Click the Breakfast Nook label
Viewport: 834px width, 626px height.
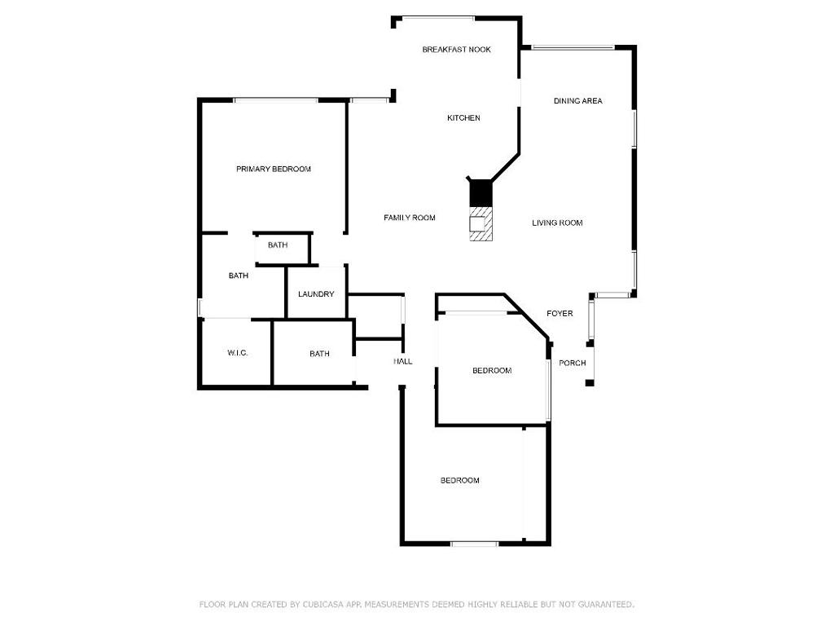coord(456,50)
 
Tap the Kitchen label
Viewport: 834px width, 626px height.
coord(463,118)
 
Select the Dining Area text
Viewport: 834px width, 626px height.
coord(578,100)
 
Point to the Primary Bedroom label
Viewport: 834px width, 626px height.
coord(274,170)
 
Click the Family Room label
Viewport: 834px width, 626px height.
coord(410,218)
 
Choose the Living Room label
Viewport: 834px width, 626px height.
coord(557,223)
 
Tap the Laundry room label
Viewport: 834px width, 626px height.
coord(316,293)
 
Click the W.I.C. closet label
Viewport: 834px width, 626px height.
coord(237,353)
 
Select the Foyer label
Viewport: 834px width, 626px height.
coord(560,314)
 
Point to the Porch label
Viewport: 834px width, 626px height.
coord(573,363)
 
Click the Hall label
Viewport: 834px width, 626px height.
coord(402,361)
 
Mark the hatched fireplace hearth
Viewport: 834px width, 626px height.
coord(481,223)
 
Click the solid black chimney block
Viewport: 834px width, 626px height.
coord(481,193)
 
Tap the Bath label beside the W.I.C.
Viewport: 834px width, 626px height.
coord(319,354)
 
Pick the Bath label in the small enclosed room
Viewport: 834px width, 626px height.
coord(278,245)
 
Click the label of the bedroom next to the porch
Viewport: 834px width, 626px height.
coord(492,371)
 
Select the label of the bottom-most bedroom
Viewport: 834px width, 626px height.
coord(460,480)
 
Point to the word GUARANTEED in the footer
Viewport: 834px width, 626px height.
coord(606,605)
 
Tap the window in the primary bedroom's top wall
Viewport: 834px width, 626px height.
coord(276,100)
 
